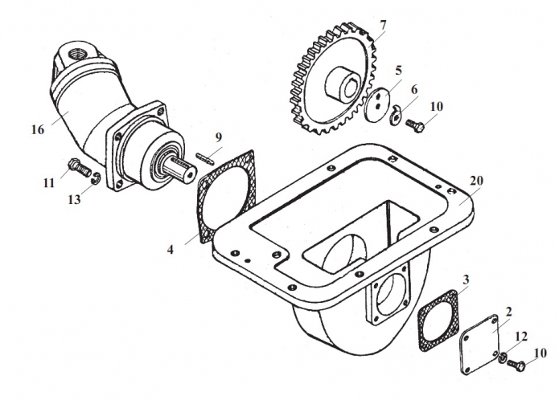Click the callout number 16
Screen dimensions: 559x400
[38, 129]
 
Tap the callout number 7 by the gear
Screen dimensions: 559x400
[383, 25]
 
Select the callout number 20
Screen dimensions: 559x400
[476, 181]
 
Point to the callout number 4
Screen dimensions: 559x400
[171, 250]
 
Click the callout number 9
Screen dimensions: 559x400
[218, 137]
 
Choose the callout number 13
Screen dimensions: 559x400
[74, 200]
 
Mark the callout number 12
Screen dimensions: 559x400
[521, 336]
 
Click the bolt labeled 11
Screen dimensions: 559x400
[79, 167]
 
